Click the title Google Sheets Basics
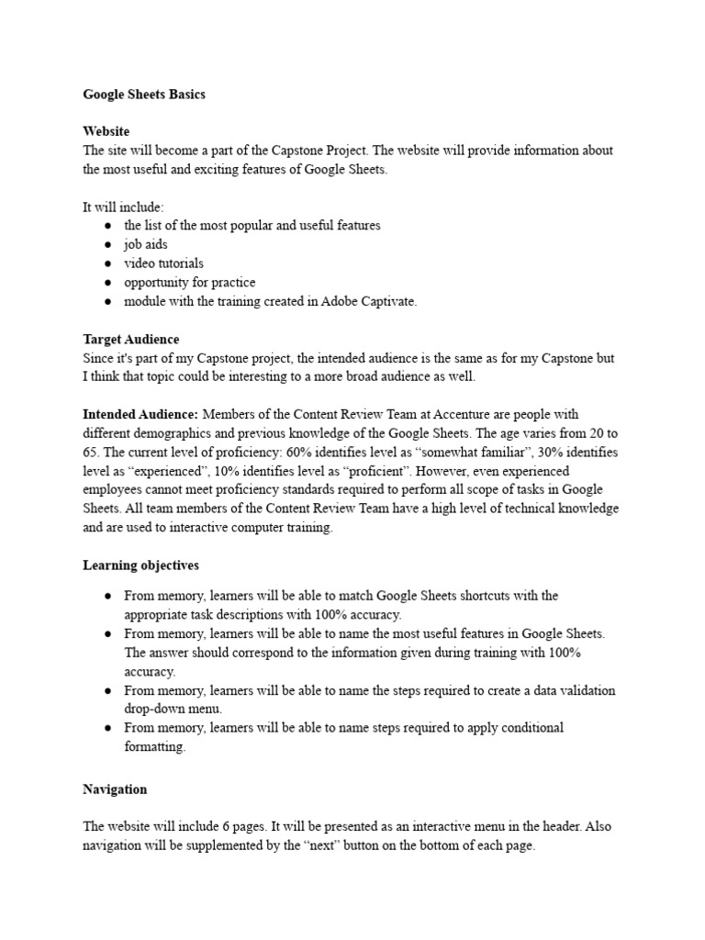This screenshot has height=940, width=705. (x=144, y=95)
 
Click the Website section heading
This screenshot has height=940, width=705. (x=106, y=131)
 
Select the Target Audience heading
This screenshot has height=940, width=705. (x=131, y=339)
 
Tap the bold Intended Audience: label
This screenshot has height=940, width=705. (x=140, y=414)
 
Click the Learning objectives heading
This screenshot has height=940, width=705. (x=140, y=565)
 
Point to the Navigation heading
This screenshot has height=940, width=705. (x=115, y=789)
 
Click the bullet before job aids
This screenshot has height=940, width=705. (x=108, y=245)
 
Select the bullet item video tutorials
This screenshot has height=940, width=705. (x=164, y=263)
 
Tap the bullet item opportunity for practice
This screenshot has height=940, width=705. (x=190, y=283)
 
